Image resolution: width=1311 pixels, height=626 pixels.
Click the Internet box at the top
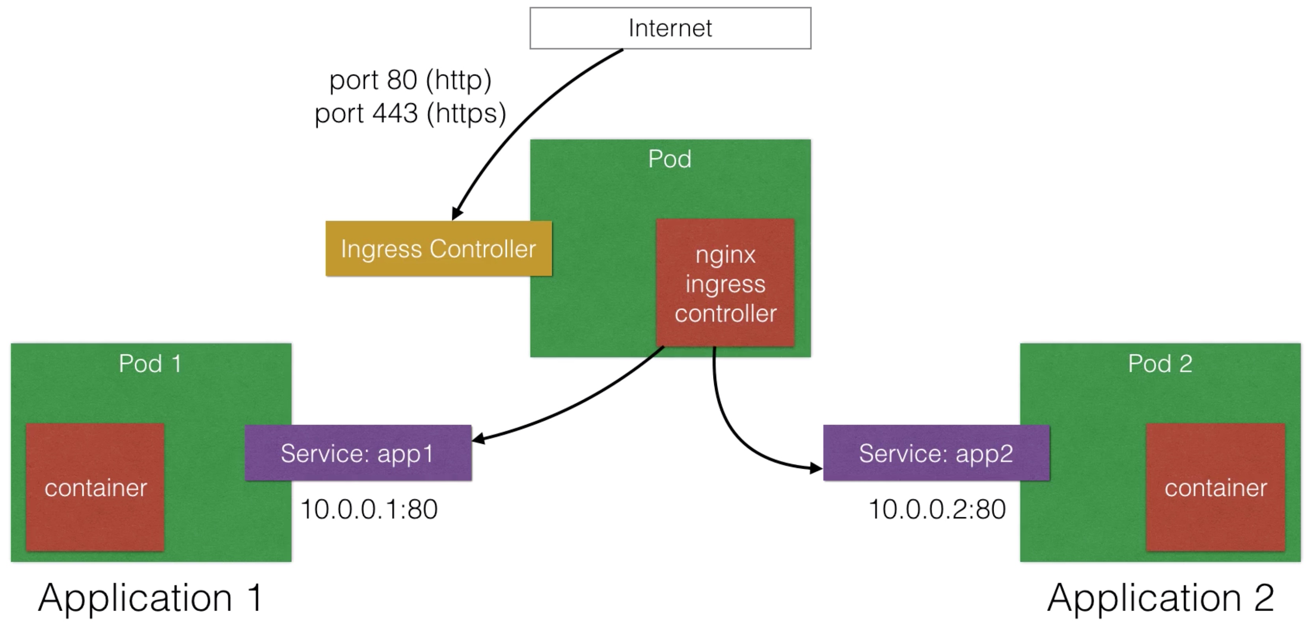pos(670,28)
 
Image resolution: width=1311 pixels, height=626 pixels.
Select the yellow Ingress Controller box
pos(439,248)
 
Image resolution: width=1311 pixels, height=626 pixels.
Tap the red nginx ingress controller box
pos(725,283)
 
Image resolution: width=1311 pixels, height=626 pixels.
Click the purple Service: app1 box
pos(358,453)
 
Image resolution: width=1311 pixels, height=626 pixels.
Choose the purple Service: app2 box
pos(937,453)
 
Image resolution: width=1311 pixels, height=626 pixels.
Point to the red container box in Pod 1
pos(95,487)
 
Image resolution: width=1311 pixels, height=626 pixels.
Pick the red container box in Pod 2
pos(1216,487)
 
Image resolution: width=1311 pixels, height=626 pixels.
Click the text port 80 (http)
pos(410,80)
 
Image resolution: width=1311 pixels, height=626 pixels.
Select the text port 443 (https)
pos(410,113)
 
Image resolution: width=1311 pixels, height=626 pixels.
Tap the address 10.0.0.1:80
pos(369,509)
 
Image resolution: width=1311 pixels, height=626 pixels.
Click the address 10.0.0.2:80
pos(937,509)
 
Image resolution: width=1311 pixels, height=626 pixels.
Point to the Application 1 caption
pos(151,598)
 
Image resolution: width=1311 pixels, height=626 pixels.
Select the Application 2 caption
pos(1161,598)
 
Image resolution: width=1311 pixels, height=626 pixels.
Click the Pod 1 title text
pos(150,363)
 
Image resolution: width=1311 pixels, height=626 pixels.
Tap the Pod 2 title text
pos(1160,363)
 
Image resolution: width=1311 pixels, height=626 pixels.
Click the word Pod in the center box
pos(670,159)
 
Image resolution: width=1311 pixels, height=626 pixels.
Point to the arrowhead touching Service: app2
pos(817,468)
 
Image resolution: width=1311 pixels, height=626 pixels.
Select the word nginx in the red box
pos(725,255)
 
